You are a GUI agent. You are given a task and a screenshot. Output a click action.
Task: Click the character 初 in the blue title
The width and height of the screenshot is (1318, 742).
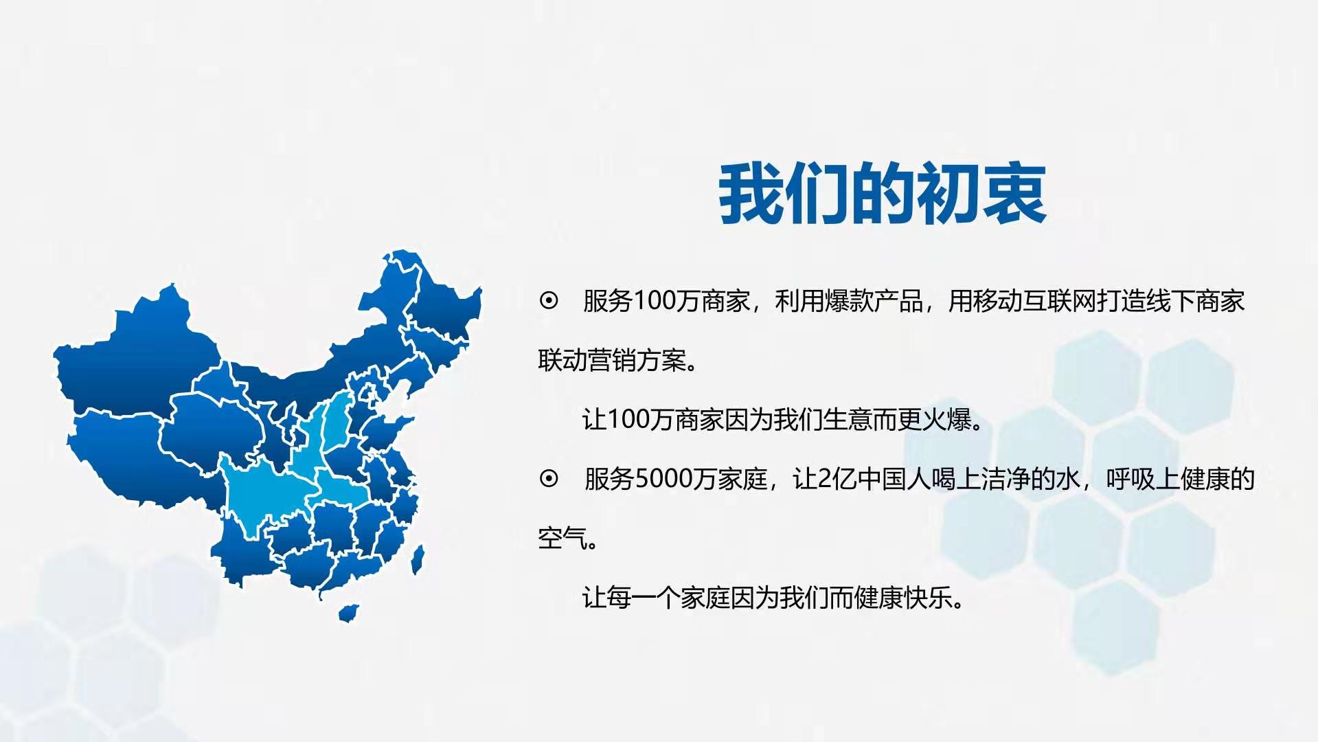pyautogui.click(x=947, y=194)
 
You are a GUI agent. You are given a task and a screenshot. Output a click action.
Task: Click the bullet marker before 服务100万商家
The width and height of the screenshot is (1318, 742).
pyautogui.click(x=549, y=301)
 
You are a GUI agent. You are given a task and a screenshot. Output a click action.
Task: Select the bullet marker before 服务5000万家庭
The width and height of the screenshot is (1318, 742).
pyautogui.click(x=549, y=478)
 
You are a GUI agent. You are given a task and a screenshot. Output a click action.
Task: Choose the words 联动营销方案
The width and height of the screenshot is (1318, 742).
pyautogui.click(x=612, y=360)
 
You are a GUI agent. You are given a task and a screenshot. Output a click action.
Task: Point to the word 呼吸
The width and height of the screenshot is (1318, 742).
pyautogui.click(x=1130, y=479)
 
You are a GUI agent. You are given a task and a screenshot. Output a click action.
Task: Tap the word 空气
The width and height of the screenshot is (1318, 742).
pyautogui.click(x=563, y=538)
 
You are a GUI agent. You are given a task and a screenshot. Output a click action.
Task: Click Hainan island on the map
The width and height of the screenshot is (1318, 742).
pyautogui.click(x=349, y=613)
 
